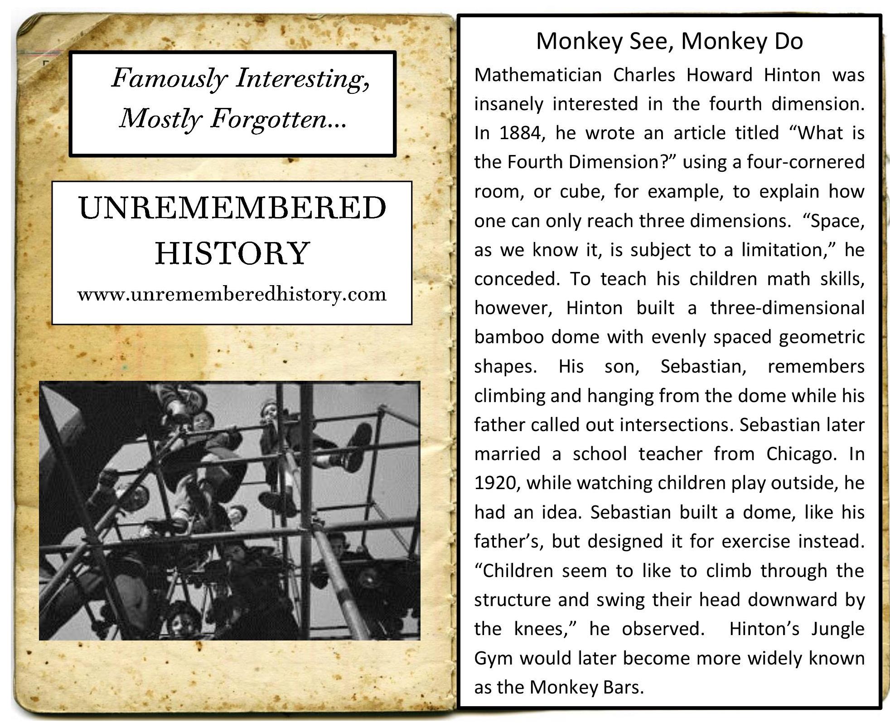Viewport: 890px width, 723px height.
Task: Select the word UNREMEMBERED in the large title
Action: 232,209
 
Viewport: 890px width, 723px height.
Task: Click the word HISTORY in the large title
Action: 232,253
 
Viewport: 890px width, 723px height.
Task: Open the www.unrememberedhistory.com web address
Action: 232,295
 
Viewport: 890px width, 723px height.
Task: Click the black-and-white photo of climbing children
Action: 230,511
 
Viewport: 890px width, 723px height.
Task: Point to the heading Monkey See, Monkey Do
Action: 669,41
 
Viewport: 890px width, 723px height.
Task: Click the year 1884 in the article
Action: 520,133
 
